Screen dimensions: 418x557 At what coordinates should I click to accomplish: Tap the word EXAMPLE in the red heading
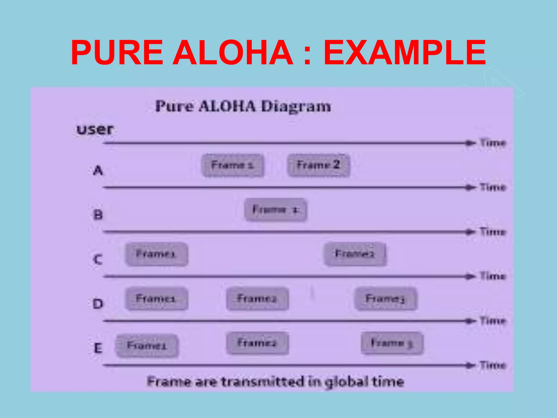[x=404, y=52]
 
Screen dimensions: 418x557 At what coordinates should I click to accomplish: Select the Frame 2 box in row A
[x=318, y=165]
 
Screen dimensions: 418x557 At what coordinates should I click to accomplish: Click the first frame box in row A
[x=233, y=165]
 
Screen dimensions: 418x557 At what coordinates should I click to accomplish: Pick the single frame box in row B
[x=276, y=210]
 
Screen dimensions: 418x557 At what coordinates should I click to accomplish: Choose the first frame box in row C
[x=156, y=254]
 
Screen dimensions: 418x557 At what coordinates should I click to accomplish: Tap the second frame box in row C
[x=355, y=254]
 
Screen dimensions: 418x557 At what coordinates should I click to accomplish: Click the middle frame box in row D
[x=257, y=299]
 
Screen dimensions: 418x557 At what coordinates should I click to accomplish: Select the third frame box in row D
[x=385, y=299]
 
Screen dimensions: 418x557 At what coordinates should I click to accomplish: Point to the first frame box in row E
[x=147, y=346]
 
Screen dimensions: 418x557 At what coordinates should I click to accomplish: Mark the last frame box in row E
[x=392, y=343]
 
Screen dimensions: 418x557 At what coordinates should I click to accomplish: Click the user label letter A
[x=98, y=171]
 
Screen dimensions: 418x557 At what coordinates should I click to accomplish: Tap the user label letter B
[x=98, y=215]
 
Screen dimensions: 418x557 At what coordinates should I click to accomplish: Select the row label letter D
[x=98, y=304]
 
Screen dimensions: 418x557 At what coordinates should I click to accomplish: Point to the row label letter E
[x=98, y=348]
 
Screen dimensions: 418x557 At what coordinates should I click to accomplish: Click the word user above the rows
[x=95, y=129]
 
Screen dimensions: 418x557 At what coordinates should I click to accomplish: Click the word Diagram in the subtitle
[x=296, y=106]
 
